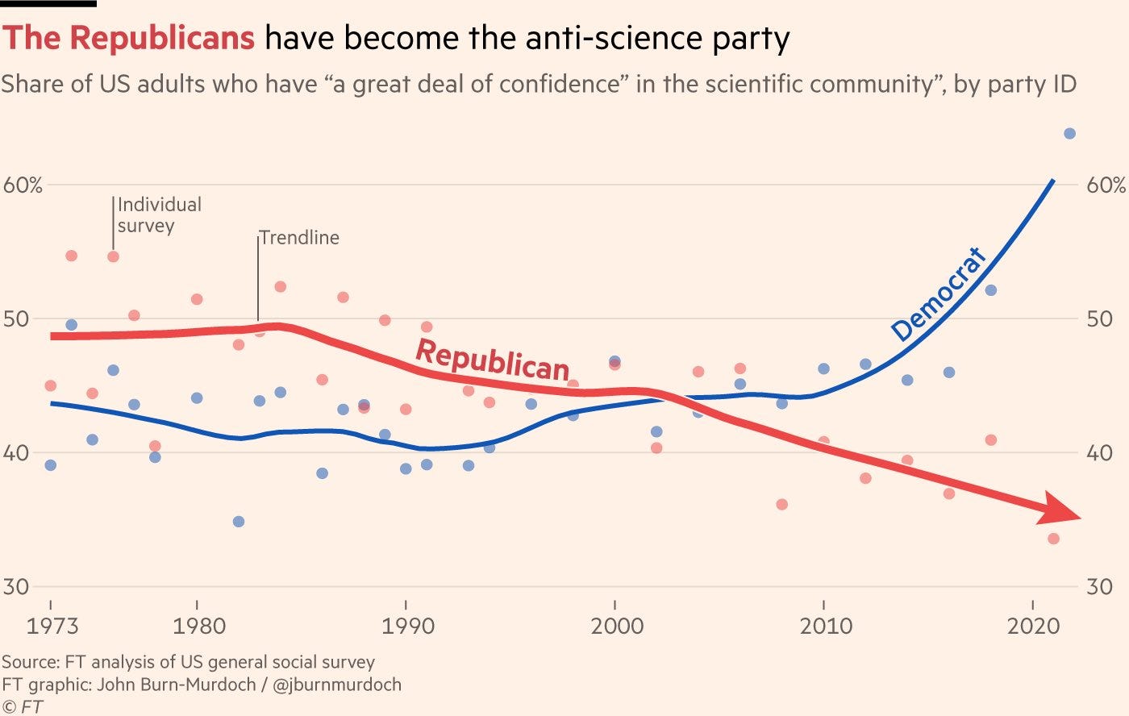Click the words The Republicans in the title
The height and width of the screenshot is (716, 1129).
pyautogui.click(x=129, y=38)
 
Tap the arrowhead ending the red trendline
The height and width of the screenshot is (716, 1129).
pyautogui.click(x=1063, y=510)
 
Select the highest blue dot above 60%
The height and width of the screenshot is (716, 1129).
pyautogui.click(x=1069, y=134)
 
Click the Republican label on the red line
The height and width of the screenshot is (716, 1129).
pyautogui.click(x=493, y=360)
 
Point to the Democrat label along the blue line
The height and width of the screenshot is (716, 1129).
pyautogui.click(x=939, y=294)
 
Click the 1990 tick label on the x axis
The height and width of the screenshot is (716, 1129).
pyautogui.click(x=406, y=626)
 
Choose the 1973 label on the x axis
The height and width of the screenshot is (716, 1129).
pyautogui.click(x=53, y=626)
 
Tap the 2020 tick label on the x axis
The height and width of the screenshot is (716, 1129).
pyautogui.click(x=1033, y=626)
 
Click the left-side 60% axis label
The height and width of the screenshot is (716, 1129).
pyautogui.click(x=23, y=185)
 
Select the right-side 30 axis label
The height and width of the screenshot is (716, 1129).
pyautogui.click(x=1099, y=586)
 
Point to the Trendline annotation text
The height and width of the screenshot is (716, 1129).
pyautogui.click(x=300, y=238)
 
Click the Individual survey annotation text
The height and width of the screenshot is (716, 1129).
pyautogui.click(x=159, y=215)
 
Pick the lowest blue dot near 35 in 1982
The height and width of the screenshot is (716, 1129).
pyautogui.click(x=238, y=522)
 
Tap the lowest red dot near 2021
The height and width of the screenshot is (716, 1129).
pyautogui.click(x=1053, y=539)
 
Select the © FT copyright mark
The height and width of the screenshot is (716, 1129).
pyautogui.click(x=23, y=707)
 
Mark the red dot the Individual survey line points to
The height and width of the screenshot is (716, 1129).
pyautogui.click(x=113, y=256)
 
